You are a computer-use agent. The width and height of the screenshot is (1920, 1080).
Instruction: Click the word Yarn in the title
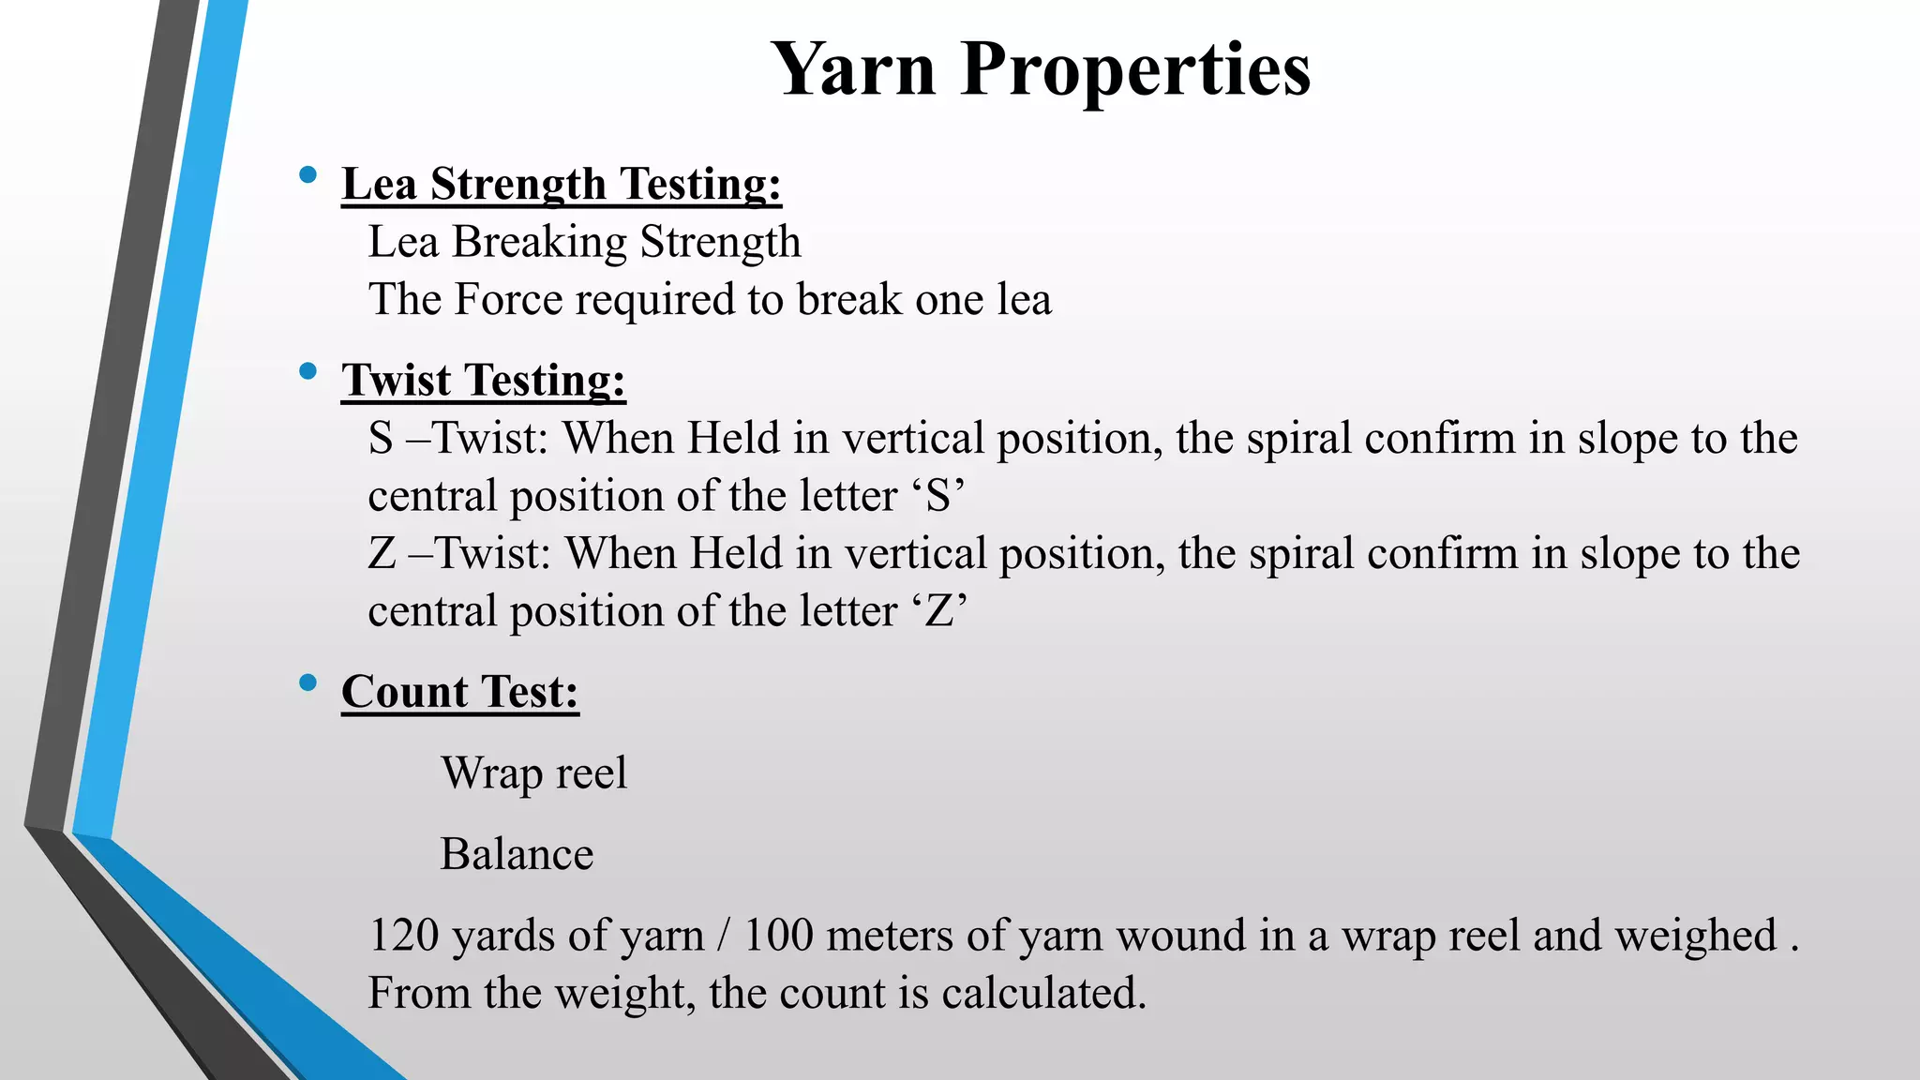tap(854, 69)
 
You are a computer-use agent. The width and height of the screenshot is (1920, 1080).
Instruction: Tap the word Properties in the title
tap(1135, 71)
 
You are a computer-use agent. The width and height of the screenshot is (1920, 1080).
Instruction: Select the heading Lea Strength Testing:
tap(561, 184)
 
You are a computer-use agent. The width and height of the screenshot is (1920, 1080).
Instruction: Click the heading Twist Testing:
tap(483, 381)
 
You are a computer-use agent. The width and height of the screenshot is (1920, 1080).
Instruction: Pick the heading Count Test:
tap(459, 692)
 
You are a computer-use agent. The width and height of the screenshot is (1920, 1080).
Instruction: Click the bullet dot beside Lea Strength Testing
tap(307, 174)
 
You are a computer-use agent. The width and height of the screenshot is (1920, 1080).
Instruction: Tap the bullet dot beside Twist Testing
tap(307, 371)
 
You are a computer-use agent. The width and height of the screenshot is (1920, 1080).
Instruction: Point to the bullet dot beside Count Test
tap(307, 682)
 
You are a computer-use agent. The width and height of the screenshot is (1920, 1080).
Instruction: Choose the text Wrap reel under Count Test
tap(533, 773)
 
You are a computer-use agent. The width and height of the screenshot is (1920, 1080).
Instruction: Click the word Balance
tap(517, 854)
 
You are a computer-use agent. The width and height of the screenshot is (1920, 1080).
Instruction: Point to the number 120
tap(404, 936)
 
